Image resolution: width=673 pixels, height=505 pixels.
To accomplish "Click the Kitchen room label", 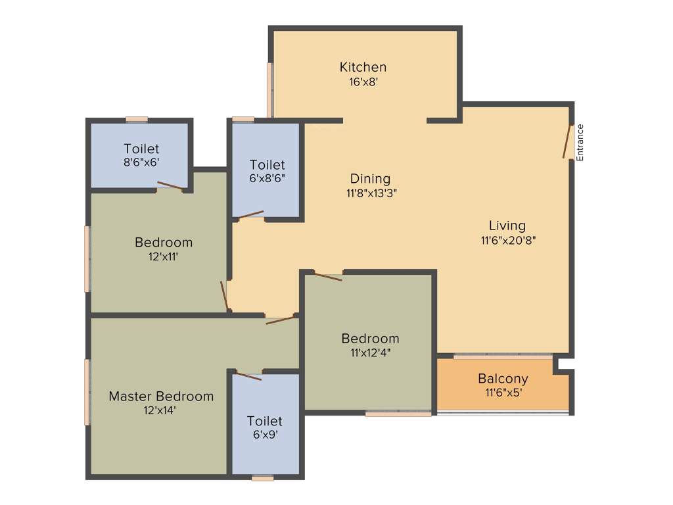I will (363, 67).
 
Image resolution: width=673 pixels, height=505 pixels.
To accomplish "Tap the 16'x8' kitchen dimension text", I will (363, 82).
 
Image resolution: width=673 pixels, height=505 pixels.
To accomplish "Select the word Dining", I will (370, 179).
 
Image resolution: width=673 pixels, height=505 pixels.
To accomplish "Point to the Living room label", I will (507, 226).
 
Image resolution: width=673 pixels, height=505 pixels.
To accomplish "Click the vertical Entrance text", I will (580, 142).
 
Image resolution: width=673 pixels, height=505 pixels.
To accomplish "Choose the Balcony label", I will (503, 379).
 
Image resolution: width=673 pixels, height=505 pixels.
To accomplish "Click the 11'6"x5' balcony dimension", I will (504, 393).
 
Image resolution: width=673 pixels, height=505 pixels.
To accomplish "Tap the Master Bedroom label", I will (161, 397).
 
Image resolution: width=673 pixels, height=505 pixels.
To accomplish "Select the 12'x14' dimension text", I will (160, 410).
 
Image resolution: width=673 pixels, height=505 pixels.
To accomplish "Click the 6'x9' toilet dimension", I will (265, 435).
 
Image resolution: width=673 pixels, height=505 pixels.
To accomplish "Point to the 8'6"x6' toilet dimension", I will (141, 162).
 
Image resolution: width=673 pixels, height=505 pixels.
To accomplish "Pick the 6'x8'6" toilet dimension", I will (267, 178).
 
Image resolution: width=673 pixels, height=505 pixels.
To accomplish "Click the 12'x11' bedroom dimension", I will (164, 257).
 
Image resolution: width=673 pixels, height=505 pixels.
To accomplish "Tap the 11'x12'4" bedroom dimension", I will (370, 352).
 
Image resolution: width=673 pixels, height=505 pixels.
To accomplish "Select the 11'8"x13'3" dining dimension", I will (370, 193).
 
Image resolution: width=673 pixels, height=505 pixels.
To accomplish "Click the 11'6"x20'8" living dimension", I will (508, 240).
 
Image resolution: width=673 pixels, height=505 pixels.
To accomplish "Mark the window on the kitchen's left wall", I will (269, 89).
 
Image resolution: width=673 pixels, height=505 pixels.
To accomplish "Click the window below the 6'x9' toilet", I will (262, 478).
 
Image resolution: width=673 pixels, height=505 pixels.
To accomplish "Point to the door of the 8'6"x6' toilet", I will (170, 185).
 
